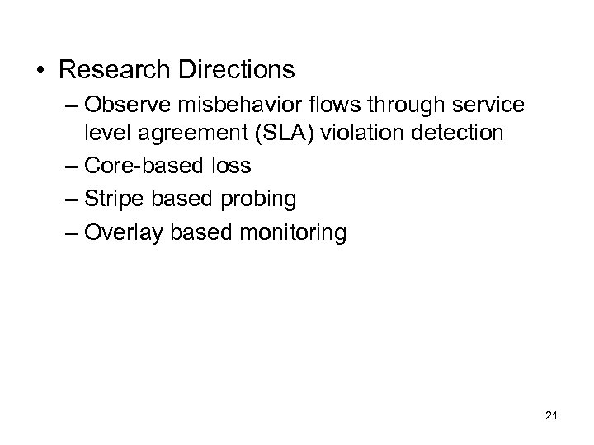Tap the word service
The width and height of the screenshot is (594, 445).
(x=488, y=108)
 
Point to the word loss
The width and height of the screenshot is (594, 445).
(x=231, y=166)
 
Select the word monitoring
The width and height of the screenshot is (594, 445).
(x=295, y=234)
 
